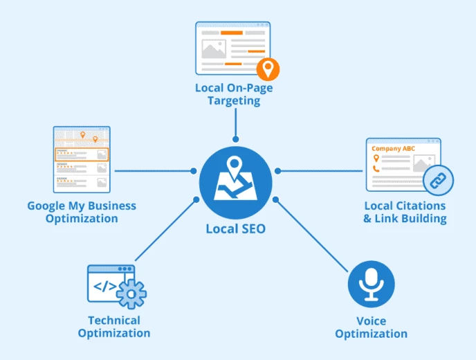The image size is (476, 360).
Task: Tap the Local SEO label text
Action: click(235, 228)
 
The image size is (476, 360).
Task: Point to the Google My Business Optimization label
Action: click(82, 212)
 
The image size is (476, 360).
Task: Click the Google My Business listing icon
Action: click(82, 159)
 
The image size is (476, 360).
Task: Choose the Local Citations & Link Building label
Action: click(405, 212)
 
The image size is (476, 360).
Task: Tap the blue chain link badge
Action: click(437, 181)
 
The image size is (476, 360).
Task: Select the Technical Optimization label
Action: click(113, 326)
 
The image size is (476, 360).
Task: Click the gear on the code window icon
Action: click(131, 294)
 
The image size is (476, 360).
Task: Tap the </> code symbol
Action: click(104, 286)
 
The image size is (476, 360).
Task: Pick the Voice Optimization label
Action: click(371, 327)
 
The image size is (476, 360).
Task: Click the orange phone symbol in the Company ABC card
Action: click(376, 168)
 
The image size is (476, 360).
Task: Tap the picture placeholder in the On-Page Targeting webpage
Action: click(214, 48)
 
